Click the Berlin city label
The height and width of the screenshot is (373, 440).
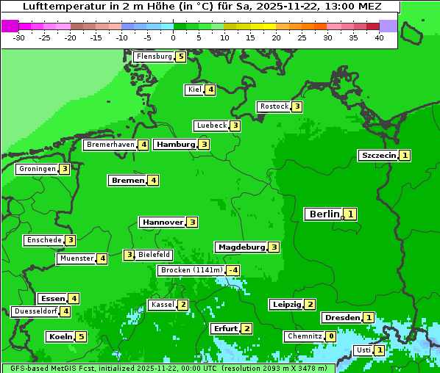pyautogui.click(x=323, y=214)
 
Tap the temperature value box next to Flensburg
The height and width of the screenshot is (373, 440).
pyautogui.click(x=180, y=57)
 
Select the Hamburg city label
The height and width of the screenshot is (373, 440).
pyautogui.click(x=175, y=145)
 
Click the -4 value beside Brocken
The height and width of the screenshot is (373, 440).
pyautogui.click(x=233, y=270)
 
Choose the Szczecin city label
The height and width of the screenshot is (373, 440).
pyautogui.click(x=378, y=156)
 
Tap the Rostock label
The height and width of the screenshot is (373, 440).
pyautogui.click(x=274, y=106)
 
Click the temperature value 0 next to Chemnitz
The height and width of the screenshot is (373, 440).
pyautogui.click(x=331, y=336)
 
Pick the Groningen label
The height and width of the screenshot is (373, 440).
pyautogui.click(x=37, y=169)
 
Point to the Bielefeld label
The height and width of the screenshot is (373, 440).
pyautogui.click(x=154, y=255)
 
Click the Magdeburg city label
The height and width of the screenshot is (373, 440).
pyautogui.click(x=241, y=247)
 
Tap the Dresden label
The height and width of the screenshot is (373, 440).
pyautogui.click(x=341, y=318)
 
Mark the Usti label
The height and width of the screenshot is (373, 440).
pyautogui.click(x=363, y=350)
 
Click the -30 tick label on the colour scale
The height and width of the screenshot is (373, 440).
pyautogui.click(x=19, y=37)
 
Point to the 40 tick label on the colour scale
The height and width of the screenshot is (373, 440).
pyautogui.click(x=379, y=37)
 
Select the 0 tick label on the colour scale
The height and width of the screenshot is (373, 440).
pyautogui.click(x=173, y=37)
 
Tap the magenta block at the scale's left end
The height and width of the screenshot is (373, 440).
pyautogui.click(x=10, y=26)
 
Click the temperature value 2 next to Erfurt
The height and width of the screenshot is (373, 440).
pyautogui.click(x=246, y=328)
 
